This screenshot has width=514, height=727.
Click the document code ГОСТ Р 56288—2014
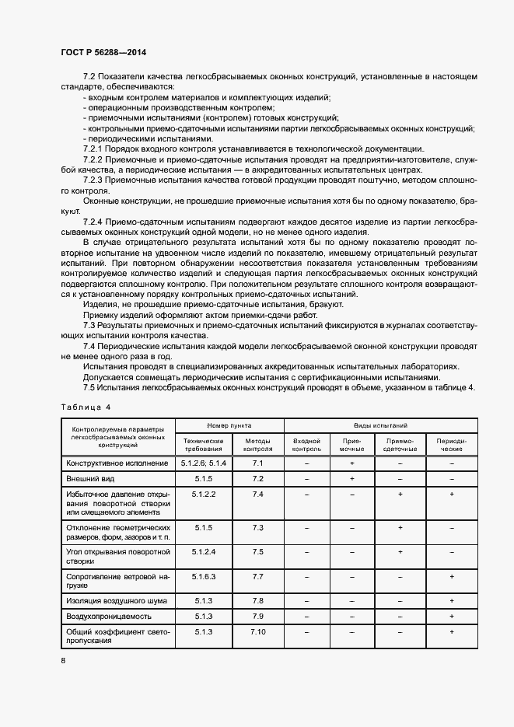coord(103,51)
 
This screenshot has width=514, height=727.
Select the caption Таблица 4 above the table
coord(86,407)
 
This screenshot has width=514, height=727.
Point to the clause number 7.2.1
coord(93,149)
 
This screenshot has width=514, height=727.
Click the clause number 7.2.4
coord(93,222)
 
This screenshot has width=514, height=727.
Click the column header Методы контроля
coord(258,445)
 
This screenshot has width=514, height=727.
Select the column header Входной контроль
coord(306,445)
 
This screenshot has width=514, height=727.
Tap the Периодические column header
coord(452,445)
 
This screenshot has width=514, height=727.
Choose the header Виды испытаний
coord(380,426)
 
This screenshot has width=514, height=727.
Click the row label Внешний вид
coord(86,478)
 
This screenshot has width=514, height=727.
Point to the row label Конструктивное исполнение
coord(116,463)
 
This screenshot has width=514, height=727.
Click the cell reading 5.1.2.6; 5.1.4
coord(203,463)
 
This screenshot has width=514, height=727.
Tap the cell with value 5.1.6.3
coord(203,576)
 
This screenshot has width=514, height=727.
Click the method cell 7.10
coord(258,631)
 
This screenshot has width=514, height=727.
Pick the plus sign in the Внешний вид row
coord(352,478)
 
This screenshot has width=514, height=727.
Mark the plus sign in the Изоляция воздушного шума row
coord(452,601)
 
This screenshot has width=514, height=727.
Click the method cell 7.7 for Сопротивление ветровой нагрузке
coord(258,576)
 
